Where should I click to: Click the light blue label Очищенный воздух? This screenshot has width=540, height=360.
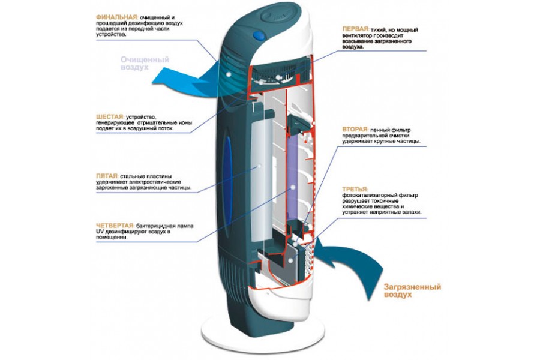click(x=144, y=64)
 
